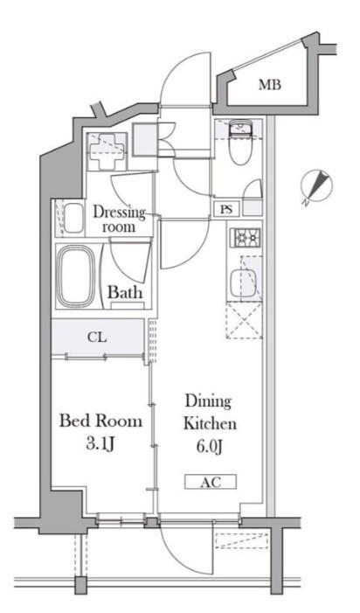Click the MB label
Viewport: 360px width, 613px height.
(270, 85)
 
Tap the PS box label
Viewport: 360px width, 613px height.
(226, 209)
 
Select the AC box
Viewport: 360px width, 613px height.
(211, 482)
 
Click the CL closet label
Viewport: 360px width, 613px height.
(97, 337)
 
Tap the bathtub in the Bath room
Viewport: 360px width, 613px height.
(77, 276)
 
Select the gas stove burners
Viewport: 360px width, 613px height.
(246, 237)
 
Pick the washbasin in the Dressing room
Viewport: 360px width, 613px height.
(73, 219)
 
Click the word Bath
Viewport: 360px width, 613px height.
(125, 292)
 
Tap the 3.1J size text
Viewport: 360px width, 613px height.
(100, 444)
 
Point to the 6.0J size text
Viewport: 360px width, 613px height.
(210, 447)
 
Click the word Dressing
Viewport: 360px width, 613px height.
(119, 212)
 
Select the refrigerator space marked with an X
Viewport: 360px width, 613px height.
(245, 321)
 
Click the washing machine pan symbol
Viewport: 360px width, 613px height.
(107, 151)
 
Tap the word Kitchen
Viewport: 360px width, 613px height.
(210, 424)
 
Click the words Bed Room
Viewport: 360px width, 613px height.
(100, 421)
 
